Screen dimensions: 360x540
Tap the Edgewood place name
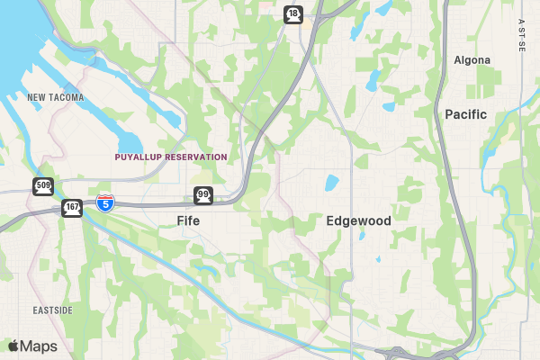pyautogui.click(x=358, y=220)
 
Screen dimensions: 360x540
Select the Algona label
pyautogui.click(x=472, y=60)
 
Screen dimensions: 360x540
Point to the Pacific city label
pyautogui.click(x=465, y=114)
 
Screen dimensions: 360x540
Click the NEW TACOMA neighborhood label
pyautogui.click(x=56, y=97)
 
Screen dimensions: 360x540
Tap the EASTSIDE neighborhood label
pyautogui.click(x=52, y=310)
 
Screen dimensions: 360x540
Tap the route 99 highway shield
pyautogui.click(x=202, y=195)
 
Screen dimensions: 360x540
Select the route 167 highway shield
pyautogui.click(x=72, y=208)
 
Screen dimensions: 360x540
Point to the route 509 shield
pyautogui.click(x=43, y=186)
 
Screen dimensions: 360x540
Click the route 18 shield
pyautogui.click(x=293, y=13)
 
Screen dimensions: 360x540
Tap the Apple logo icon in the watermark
pyautogui.click(x=13, y=346)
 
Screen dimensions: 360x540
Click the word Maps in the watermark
pyautogui.click(x=39, y=346)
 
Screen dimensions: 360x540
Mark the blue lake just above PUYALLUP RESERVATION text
pyautogui.click(x=130, y=143)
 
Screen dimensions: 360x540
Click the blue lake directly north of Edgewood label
pyautogui.click(x=331, y=184)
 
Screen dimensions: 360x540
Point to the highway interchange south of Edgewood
pyautogui.click(x=396, y=354)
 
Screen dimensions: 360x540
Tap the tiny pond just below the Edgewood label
pyautogui.click(x=362, y=236)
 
